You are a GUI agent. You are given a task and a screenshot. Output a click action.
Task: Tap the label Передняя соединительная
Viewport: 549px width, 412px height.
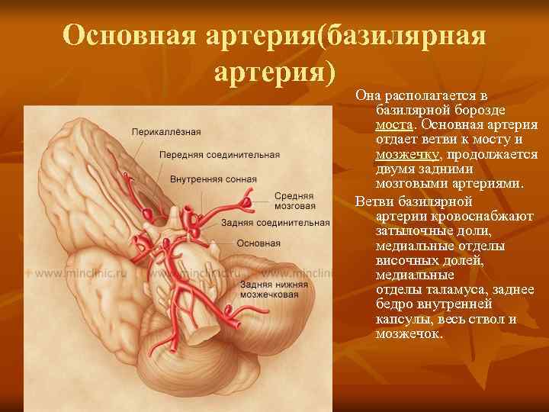(x=220, y=155)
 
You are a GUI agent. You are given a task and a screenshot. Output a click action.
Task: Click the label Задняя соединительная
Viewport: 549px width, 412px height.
(x=275, y=223)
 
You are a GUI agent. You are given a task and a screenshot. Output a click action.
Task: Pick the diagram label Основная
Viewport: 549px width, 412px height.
(x=258, y=243)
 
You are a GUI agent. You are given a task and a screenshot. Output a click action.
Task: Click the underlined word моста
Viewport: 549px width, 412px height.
(x=394, y=124)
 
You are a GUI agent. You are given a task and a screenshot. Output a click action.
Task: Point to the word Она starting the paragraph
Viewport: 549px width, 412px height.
(x=369, y=95)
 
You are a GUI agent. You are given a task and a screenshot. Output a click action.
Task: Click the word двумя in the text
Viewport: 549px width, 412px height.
(x=396, y=169)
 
